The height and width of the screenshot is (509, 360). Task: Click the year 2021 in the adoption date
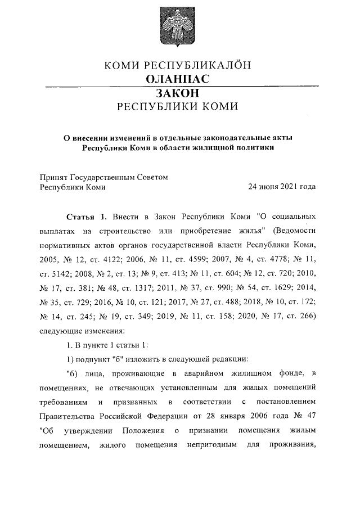coord(286,187)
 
